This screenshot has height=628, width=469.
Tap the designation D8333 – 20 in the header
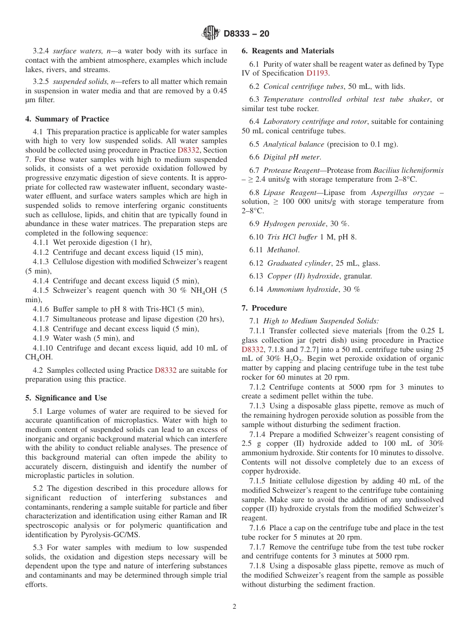[x=246, y=34]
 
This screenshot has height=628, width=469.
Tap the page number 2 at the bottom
[x=234, y=607]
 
